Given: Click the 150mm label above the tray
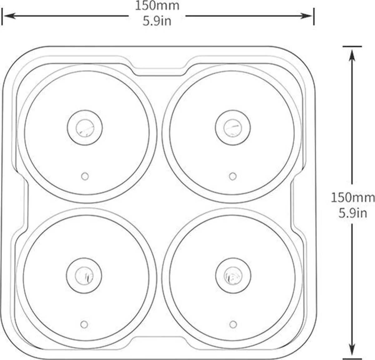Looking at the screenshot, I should [x=157, y=6].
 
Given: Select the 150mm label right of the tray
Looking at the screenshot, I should [x=352, y=197].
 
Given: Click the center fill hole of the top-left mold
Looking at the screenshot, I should [x=85, y=128].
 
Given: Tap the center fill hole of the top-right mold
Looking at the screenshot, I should [x=233, y=128].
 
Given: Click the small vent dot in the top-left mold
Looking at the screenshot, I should [x=85, y=176].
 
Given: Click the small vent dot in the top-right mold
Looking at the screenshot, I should [x=232, y=176].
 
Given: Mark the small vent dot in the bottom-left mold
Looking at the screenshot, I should [x=84, y=324].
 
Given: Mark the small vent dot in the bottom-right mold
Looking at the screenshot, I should [x=232, y=324].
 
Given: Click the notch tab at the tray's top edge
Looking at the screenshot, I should [x=159, y=70].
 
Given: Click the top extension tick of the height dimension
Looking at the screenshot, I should [x=352, y=46].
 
